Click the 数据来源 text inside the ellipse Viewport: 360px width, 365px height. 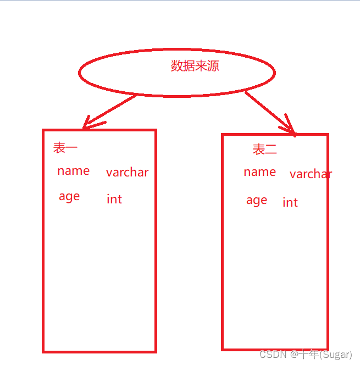[x=195, y=67]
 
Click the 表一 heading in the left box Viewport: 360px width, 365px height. [x=65, y=147]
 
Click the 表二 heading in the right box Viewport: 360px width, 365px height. [x=264, y=149]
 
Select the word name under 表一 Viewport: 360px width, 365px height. [x=73, y=171]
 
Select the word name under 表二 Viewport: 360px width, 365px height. [x=259, y=172]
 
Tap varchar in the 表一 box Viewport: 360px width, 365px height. [x=127, y=173]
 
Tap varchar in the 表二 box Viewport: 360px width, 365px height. [x=311, y=174]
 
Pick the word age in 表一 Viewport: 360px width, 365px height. [x=69, y=197]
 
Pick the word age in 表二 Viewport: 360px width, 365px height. [x=257, y=201]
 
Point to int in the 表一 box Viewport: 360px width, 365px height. [x=114, y=199]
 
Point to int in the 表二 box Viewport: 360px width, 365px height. [x=290, y=202]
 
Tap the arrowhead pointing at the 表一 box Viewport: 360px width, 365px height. [x=88, y=124]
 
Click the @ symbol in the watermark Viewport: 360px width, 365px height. [x=294, y=355]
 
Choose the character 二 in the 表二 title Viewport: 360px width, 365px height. [x=271, y=149]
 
